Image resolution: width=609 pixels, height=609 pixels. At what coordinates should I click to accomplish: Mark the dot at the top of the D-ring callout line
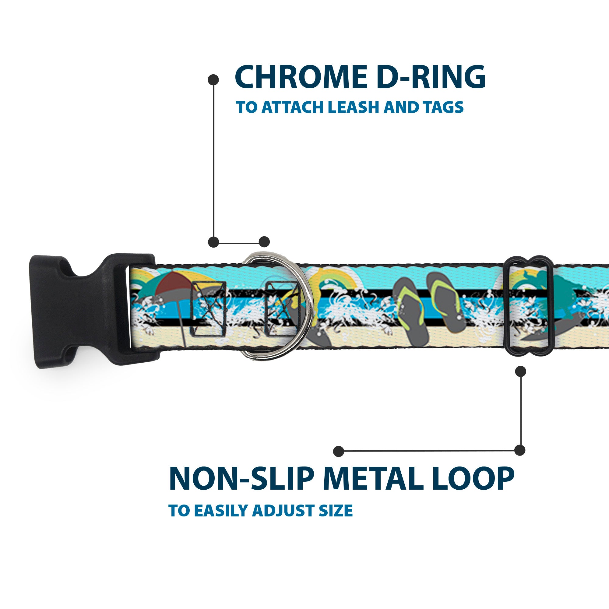pos(213,80)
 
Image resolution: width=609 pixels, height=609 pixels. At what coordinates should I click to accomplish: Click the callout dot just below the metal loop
pos(520,371)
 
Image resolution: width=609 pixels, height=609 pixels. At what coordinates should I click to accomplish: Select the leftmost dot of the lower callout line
pos(339,451)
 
